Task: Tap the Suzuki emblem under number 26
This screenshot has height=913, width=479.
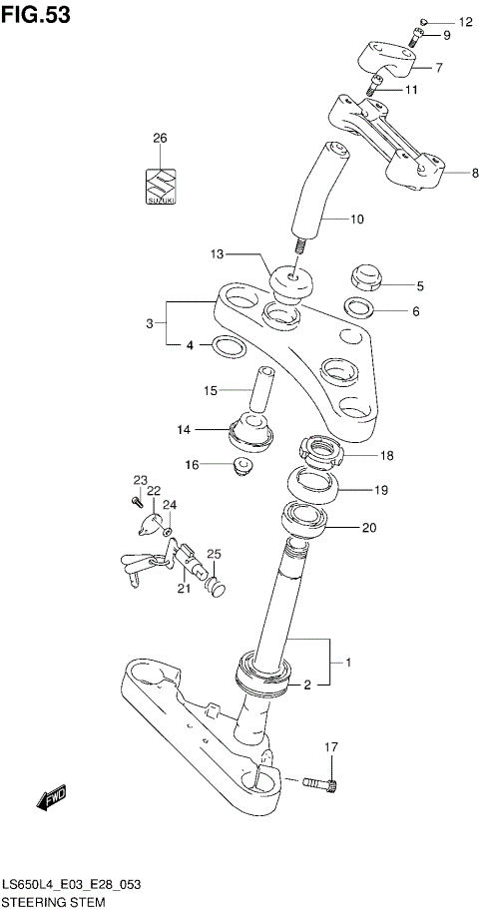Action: (x=160, y=185)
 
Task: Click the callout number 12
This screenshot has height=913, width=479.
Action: (x=466, y=21)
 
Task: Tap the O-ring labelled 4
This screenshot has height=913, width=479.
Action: (x=229, y=347)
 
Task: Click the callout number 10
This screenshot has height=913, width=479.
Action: (x=357, y=219)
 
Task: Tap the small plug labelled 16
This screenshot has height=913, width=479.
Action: (x=239, y=466)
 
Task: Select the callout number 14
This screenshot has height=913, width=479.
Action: (x=184, y=430)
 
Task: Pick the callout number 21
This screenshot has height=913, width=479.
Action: (x=184, y=589)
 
